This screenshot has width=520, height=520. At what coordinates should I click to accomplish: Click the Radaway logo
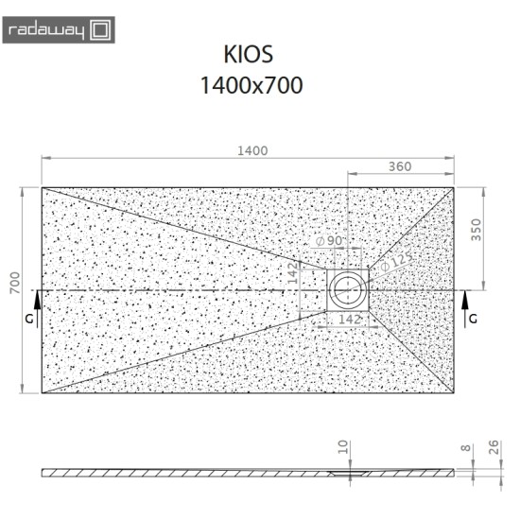(x=60, y=31)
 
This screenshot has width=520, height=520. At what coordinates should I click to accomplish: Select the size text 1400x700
(x=251, y=85)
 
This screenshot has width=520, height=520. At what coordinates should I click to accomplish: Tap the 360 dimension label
(x=399, y=166)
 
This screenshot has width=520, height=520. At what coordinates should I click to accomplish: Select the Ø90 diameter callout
(x=328, y=242)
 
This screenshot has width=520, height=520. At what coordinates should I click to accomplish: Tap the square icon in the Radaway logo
(x=103, y=31)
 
